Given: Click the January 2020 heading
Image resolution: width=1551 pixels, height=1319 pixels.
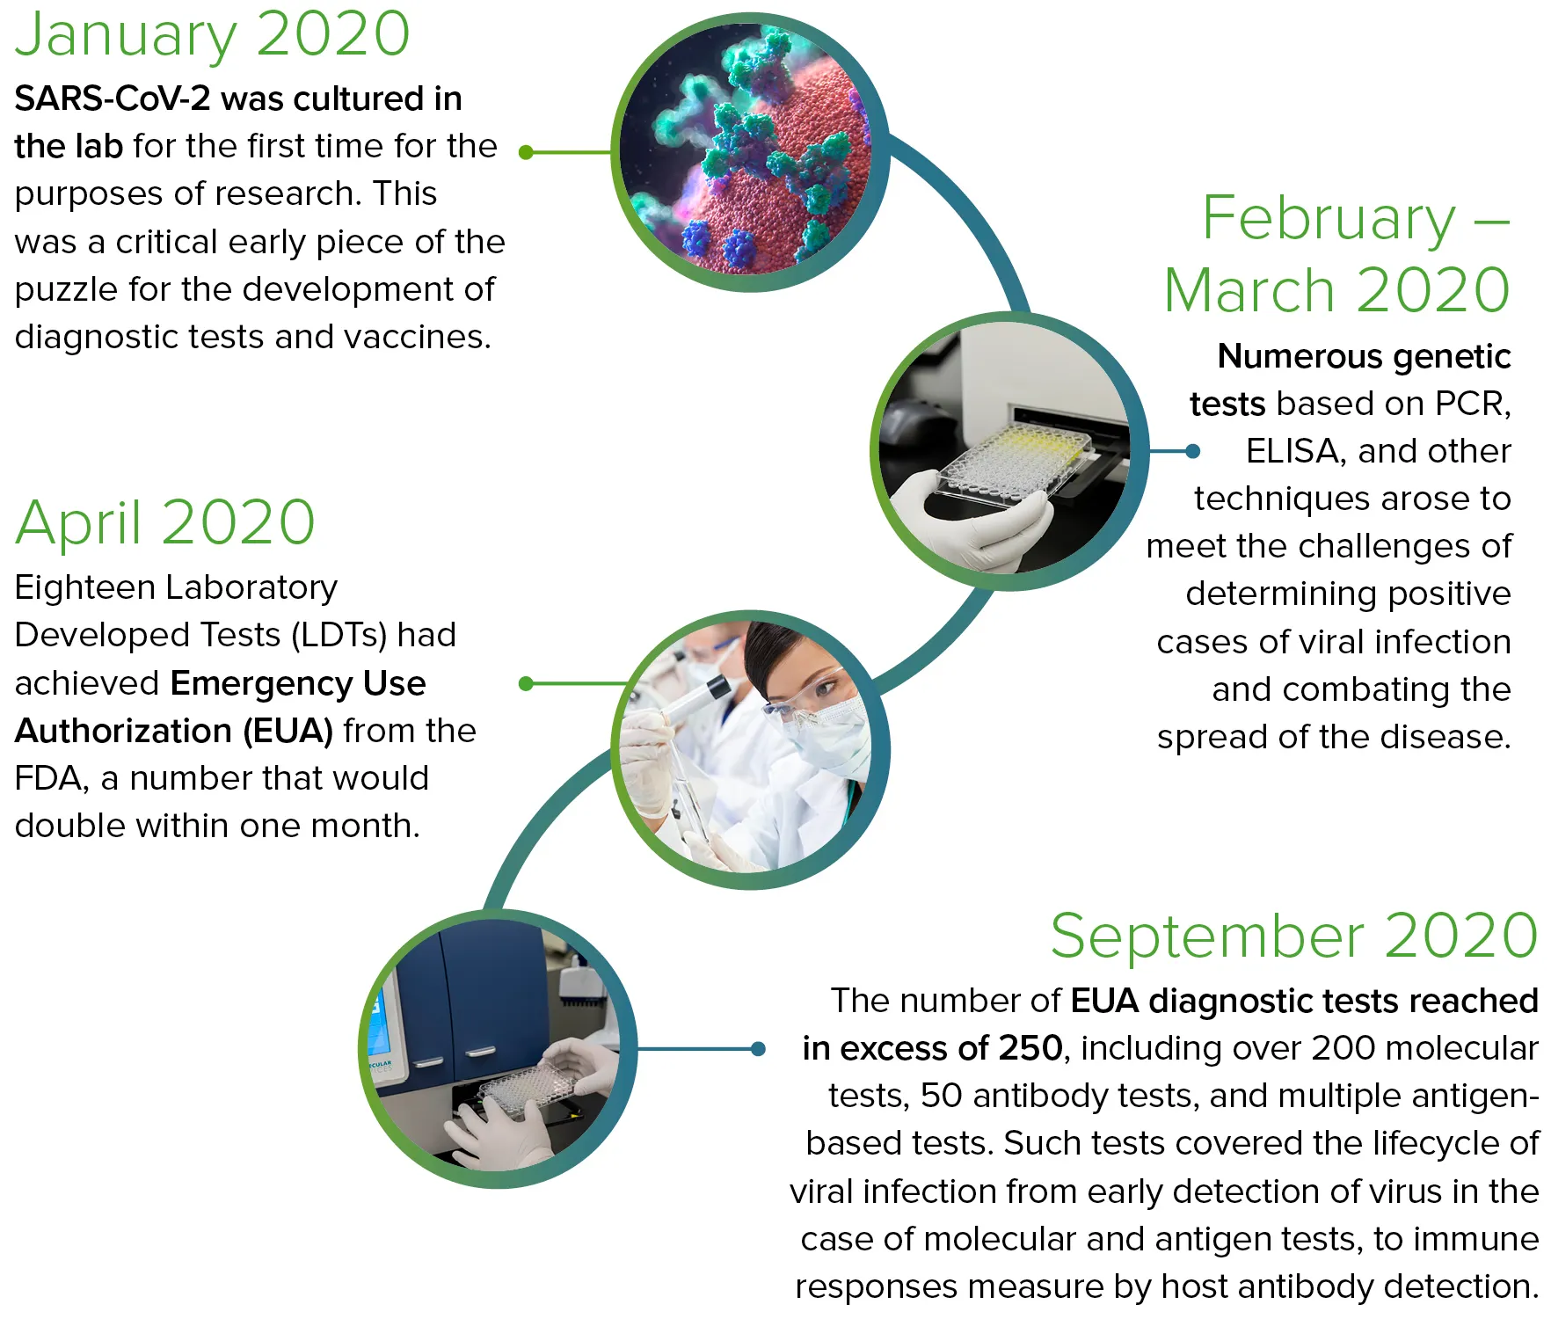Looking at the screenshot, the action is coord(213,35).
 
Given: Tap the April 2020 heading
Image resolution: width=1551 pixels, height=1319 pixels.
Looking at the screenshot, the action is coord(165,523).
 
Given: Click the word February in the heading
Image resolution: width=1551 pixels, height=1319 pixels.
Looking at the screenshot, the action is coord(1329,218).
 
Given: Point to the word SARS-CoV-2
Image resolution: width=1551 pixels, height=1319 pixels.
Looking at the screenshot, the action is coord(113,98).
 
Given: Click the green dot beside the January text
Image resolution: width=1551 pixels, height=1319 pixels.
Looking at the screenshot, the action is coord(527,152).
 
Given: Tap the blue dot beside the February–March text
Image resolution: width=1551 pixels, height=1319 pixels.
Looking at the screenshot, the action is coord(1192,451).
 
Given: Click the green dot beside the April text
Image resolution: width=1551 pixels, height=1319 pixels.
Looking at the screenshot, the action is coord(527,683).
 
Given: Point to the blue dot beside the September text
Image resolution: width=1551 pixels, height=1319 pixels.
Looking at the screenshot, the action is coord(758,1048).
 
